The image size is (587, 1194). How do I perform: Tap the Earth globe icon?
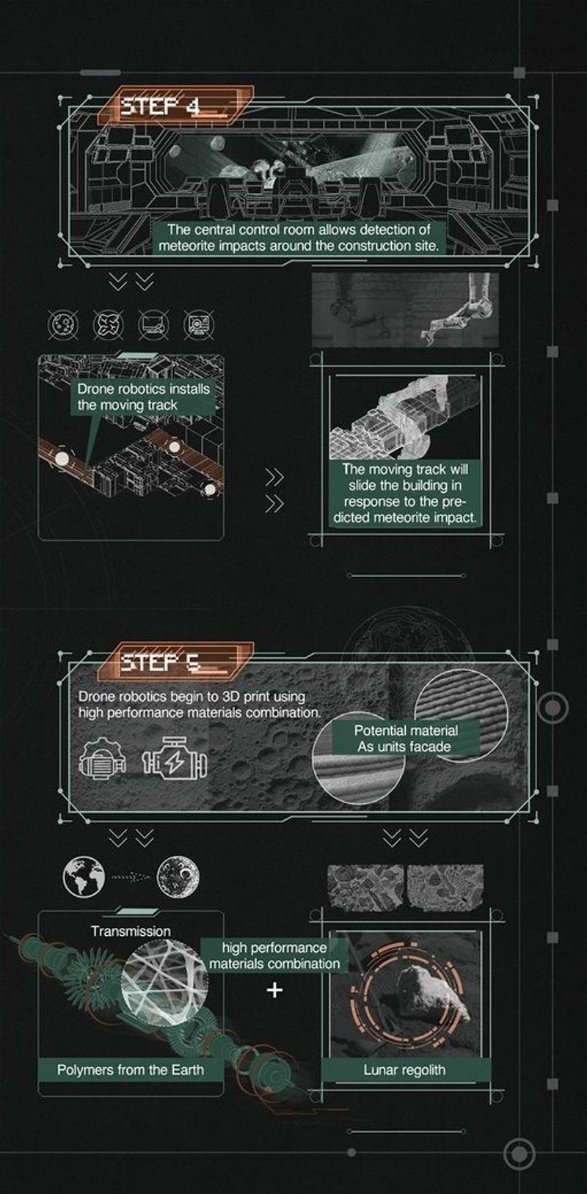[84, 877]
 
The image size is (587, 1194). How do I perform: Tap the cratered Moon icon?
[178, 877]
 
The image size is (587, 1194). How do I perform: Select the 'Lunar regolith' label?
[404, 1070]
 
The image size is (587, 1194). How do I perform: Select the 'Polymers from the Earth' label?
[131, 1070]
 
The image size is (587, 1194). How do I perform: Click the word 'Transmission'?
[131, 931]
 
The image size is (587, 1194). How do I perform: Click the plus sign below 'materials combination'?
[274, 990]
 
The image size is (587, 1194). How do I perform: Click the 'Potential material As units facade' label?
[406, 739]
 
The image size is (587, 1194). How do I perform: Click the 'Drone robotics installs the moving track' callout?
[144, 397]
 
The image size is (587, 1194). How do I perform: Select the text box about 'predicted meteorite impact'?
[409, 493]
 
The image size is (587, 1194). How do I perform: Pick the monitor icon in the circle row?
[154, 324]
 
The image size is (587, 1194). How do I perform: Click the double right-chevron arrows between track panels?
[274, 491]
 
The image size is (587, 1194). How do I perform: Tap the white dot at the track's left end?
[62, 458]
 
